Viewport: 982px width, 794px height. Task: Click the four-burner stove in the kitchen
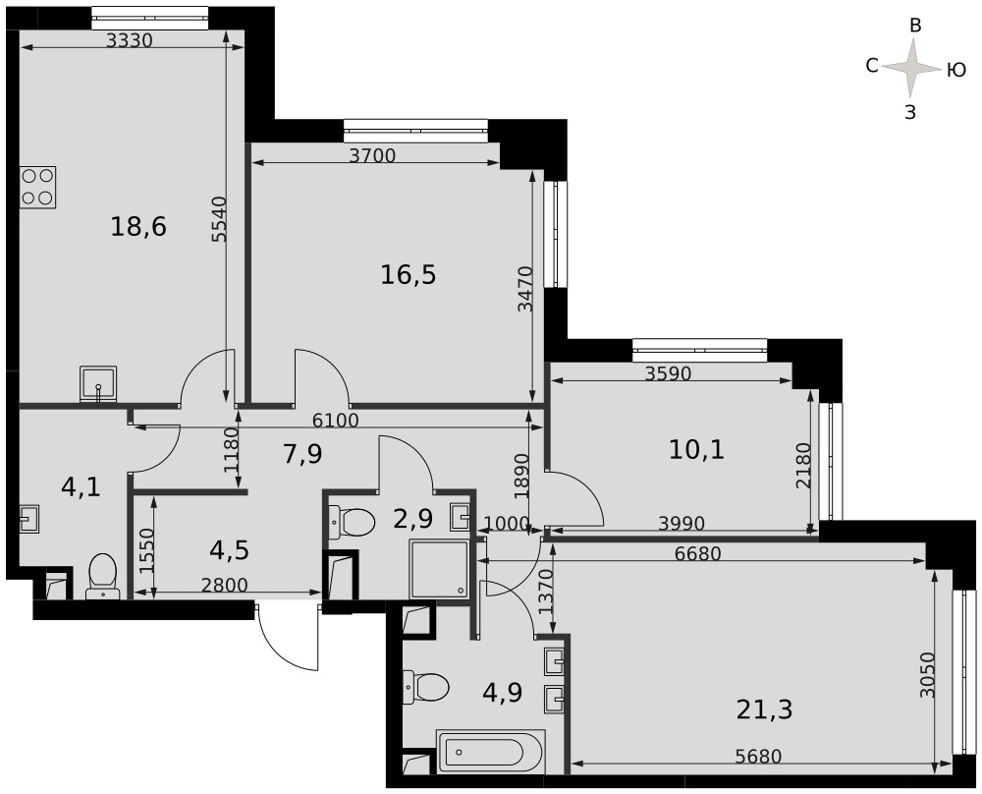point(38,187)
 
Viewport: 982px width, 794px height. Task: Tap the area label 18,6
point(138,226)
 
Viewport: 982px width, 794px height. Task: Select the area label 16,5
point(409,274)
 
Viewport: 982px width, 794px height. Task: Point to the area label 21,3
point(764,710)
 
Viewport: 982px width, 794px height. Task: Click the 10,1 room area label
point(696,449)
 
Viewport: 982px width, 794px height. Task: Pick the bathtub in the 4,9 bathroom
point(491,751)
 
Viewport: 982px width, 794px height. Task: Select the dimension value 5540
point(219,219)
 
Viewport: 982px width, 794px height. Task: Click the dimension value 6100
point(336,420)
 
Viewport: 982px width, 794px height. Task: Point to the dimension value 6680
point(698,554)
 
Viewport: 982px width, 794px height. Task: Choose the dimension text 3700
point(372,155)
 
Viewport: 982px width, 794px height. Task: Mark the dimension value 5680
point(758,757)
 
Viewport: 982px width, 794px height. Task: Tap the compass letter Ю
point(955,70)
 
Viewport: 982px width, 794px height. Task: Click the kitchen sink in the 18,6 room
point(98,384)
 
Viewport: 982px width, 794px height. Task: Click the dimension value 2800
point(225,586)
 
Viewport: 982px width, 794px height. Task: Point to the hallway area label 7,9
point(302,454)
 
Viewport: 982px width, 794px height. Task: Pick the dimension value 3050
point(928,675)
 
